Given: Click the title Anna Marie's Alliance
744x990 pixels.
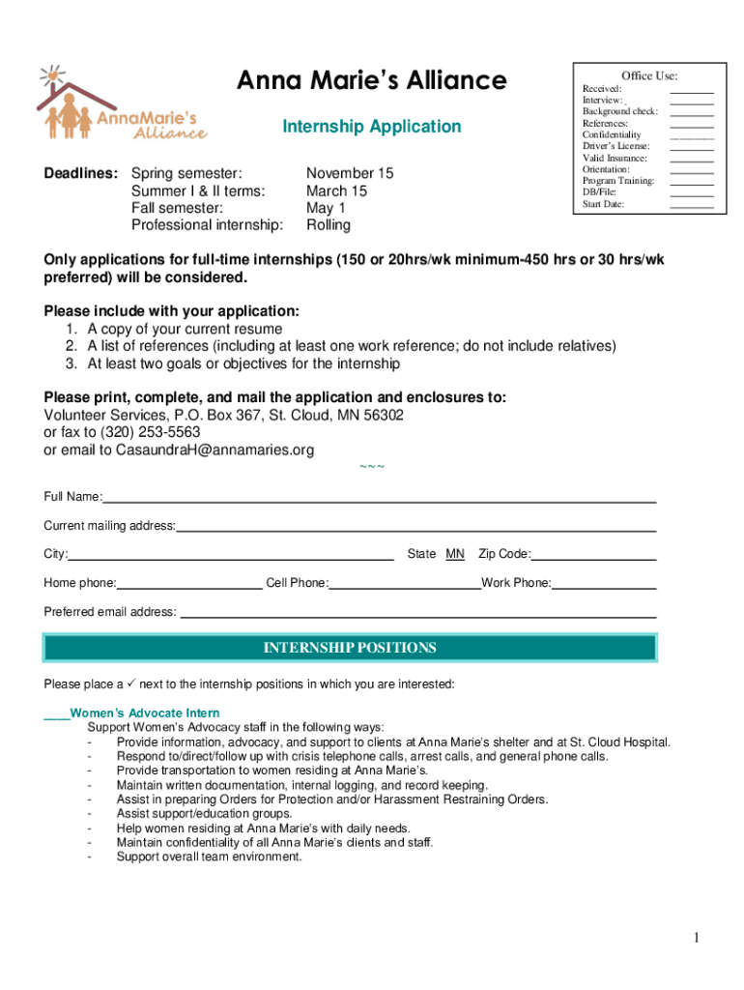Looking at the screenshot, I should click(x=371, y=80).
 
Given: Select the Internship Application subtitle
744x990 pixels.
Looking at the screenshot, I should click(x=371, y=127).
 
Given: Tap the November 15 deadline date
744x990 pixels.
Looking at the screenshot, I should click(x=350, y=174).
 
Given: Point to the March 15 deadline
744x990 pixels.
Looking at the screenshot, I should click(x=336, y=191).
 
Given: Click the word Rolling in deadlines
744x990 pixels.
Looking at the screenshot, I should click(x=329, y=225).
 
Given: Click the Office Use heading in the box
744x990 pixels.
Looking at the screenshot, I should click(x=648, y=75).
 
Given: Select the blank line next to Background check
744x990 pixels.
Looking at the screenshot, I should click(x=692, y=112).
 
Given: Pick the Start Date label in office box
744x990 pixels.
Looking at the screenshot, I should click(x=603, y=204).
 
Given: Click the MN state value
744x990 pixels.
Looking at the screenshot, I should click(x=455, y=554).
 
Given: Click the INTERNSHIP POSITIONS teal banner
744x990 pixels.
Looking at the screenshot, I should click(x=350, y=648).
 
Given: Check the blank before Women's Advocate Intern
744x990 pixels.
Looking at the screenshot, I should click(x=56, y=715).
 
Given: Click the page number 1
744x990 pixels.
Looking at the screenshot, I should click(x=696, y=938).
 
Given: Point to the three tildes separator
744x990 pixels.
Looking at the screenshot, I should click(x=372, y=468).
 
